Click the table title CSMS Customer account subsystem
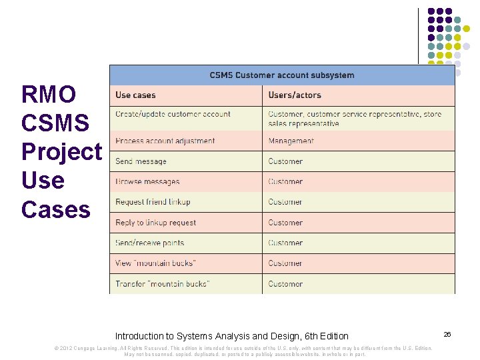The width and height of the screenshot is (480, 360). point(282,75)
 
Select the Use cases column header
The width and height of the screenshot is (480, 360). point(135,95)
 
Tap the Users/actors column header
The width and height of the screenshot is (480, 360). point(295,95)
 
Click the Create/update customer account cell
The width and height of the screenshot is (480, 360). point(173,114)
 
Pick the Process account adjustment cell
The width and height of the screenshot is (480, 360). point(165,141)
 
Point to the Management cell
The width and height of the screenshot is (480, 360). point(291,141)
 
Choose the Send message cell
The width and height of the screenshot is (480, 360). point(141,161)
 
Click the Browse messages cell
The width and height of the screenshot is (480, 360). point(147,181)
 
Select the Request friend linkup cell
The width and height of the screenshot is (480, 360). point(153,202)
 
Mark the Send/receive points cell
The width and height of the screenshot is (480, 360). point(149,243)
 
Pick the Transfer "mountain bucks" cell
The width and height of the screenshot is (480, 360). point(163,284)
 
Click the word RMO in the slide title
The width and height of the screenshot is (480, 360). point(49,94)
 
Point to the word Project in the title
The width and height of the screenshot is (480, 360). point(61,151)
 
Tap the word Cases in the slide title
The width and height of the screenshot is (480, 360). point(55,209)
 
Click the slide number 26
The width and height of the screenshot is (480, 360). point(447,333)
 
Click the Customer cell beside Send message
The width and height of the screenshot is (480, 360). point(285,161)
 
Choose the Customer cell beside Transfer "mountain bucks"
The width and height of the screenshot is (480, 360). point(285,284)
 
